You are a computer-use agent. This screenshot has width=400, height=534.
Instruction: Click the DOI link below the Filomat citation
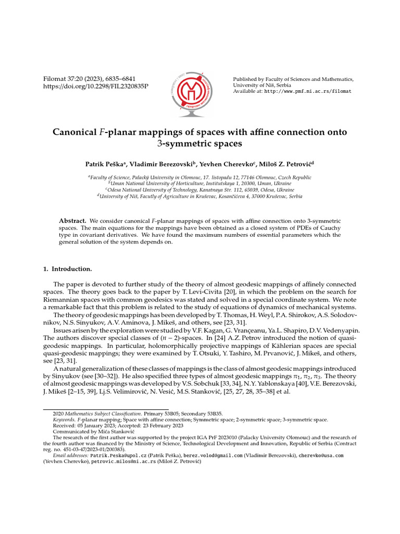click(95, 86)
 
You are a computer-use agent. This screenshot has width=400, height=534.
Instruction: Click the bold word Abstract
click(72, 221)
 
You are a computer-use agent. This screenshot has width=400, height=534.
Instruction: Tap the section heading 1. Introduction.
click(67, 269)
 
